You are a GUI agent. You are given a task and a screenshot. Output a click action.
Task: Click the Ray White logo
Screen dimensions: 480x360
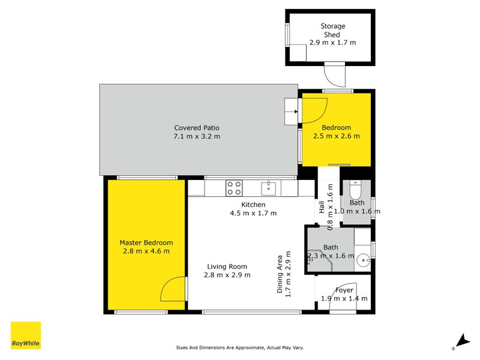click(26, 335)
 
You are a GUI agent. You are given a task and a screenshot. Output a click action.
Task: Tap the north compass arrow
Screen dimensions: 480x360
click(462, 341)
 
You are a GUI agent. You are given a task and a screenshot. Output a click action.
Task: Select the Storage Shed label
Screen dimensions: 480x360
click(333, 31)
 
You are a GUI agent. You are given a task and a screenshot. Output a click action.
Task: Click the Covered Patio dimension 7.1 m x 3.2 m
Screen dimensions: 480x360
click(197, 137)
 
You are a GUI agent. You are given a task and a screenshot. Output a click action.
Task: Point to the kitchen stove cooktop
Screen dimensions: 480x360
click(234, 188)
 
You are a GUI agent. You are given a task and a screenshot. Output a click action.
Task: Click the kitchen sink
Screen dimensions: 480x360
click(268, 188)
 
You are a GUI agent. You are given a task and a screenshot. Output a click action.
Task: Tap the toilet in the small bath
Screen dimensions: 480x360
click(355, 190)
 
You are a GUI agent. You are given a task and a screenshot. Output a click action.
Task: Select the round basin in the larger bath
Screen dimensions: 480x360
click(364, 260)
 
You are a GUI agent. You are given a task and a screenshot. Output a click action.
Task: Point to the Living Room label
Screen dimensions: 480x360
click(227, 266)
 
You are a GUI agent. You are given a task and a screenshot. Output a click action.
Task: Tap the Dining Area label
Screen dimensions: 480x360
click(280, 274)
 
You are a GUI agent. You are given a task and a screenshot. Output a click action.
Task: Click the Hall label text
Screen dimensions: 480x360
click(322, 207)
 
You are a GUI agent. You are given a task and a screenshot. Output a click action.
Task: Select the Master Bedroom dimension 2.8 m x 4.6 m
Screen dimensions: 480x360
click(146, 251)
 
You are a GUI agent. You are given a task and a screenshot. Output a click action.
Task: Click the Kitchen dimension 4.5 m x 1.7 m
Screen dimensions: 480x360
click(253, 213)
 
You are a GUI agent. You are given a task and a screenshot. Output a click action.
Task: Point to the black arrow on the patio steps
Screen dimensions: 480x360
click(296, 112)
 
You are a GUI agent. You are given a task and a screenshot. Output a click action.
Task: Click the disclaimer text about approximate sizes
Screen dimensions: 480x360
click(240, 348)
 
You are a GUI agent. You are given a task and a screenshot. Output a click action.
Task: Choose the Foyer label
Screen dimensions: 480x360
click(344, 290)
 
